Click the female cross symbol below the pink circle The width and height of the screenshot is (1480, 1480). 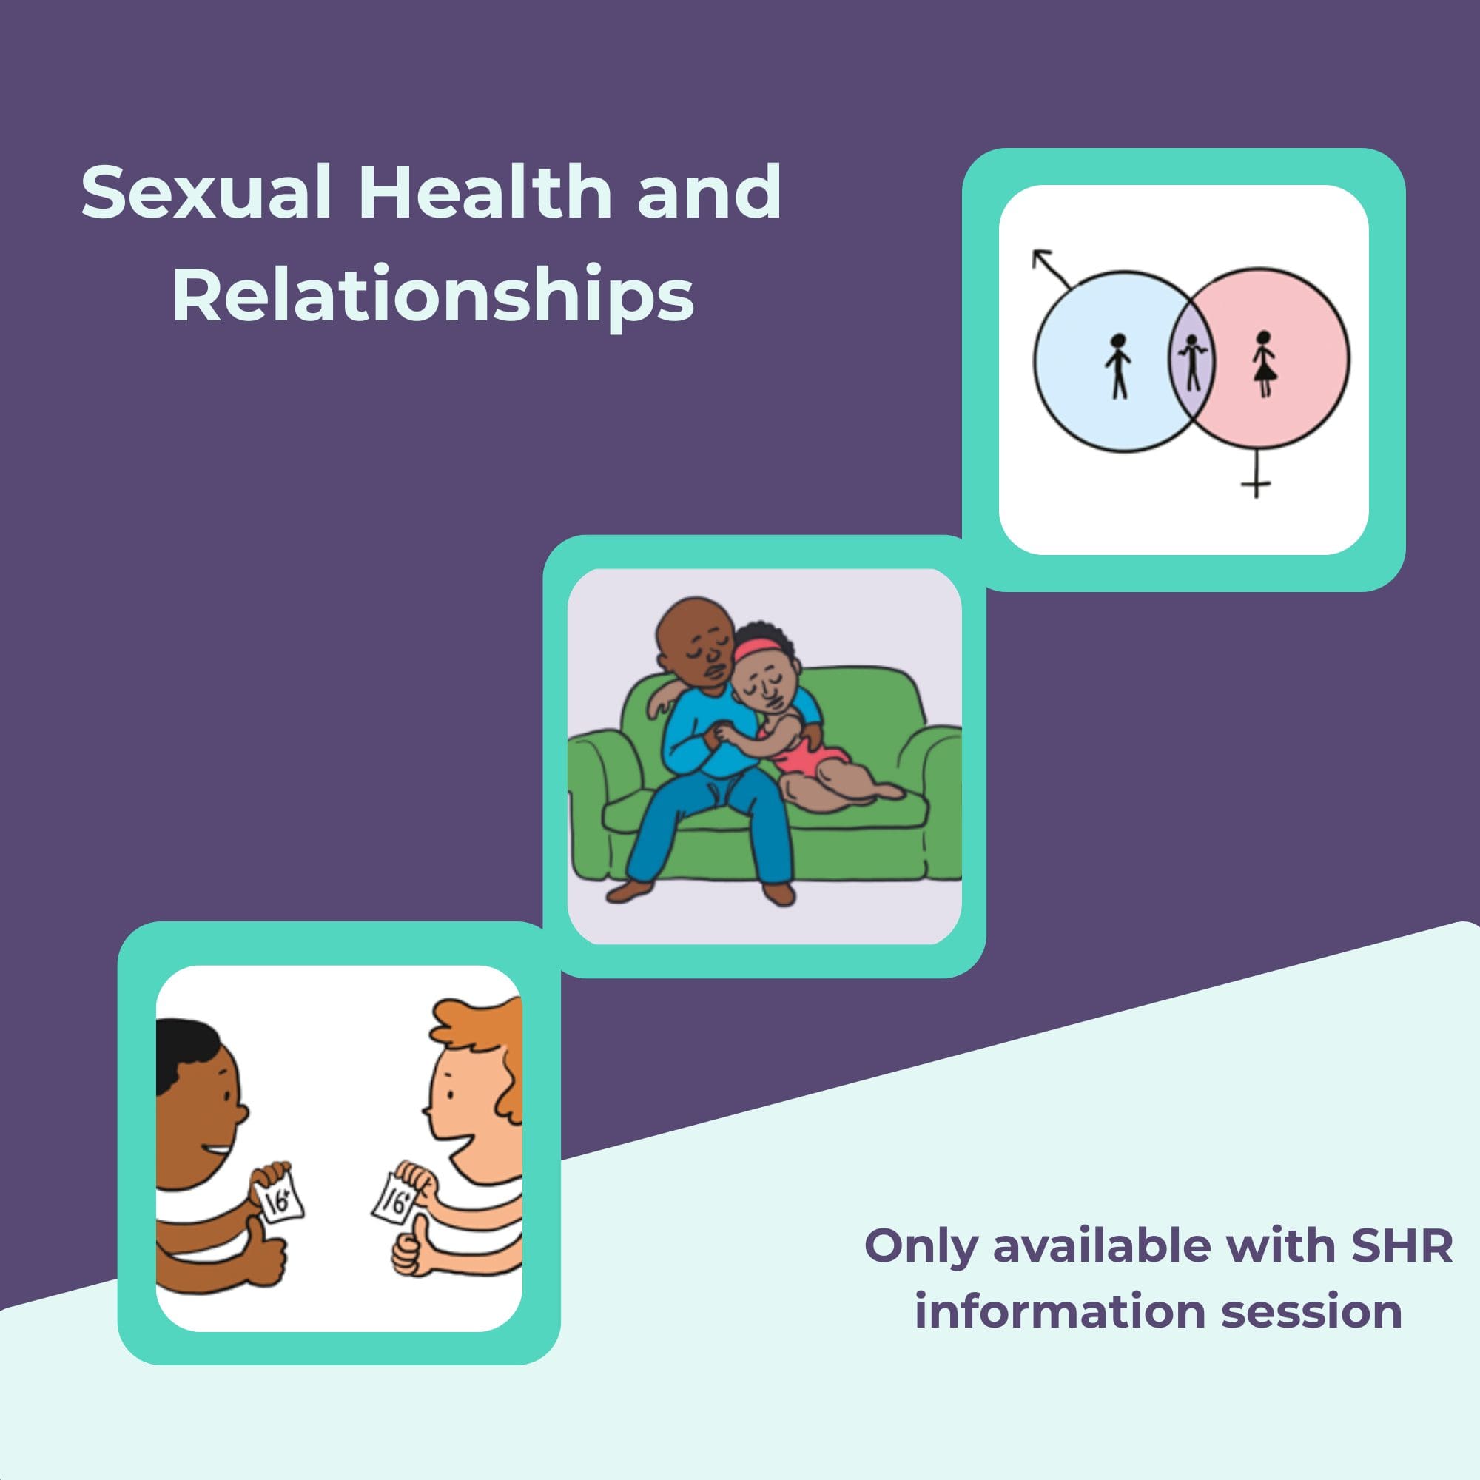[x=1256, y=474]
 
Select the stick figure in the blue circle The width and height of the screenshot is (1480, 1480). [x=1118, y=366]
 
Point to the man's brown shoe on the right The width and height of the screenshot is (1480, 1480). [x=780, y=893]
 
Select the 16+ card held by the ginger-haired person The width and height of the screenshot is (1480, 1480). [x=394, y=1201]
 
